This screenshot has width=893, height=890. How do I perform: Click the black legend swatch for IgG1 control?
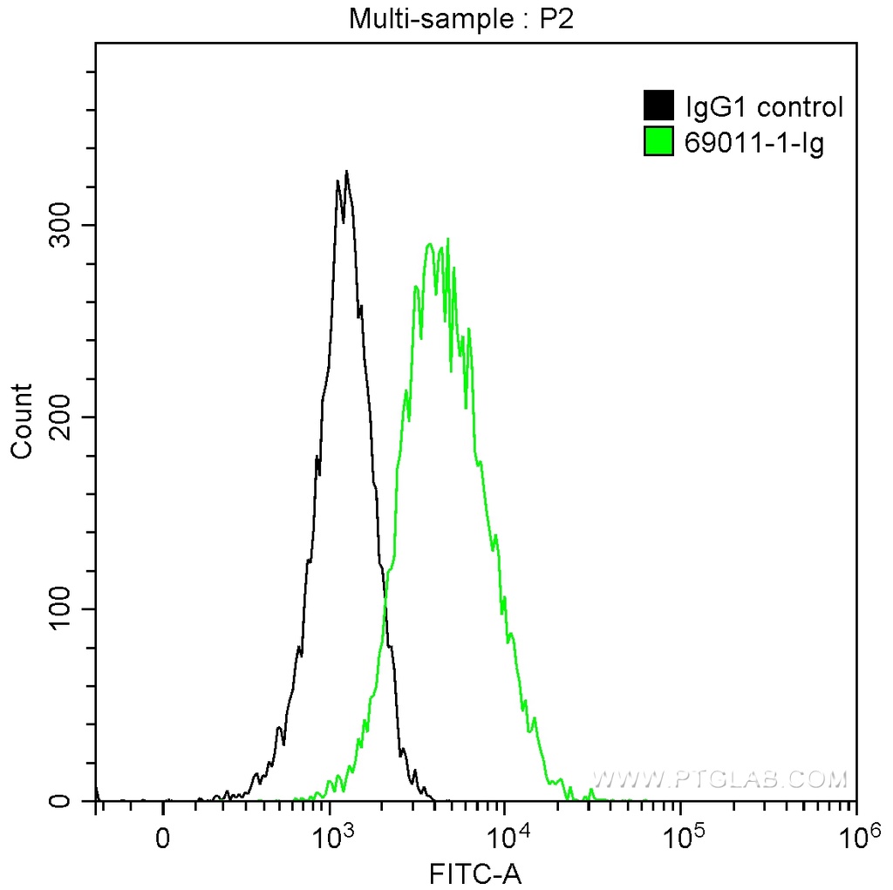(658, 105)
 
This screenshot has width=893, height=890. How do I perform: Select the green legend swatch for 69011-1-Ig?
(658, 141)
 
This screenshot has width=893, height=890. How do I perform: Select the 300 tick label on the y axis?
(60, 225)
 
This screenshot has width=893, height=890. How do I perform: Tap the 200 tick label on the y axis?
(60, 417)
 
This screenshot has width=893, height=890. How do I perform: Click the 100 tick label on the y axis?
(60, 608)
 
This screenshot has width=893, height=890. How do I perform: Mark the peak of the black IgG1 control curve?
(346, 172)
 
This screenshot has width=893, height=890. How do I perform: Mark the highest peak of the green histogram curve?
(447, 239)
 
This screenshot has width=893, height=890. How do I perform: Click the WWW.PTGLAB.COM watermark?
(719, 778)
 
